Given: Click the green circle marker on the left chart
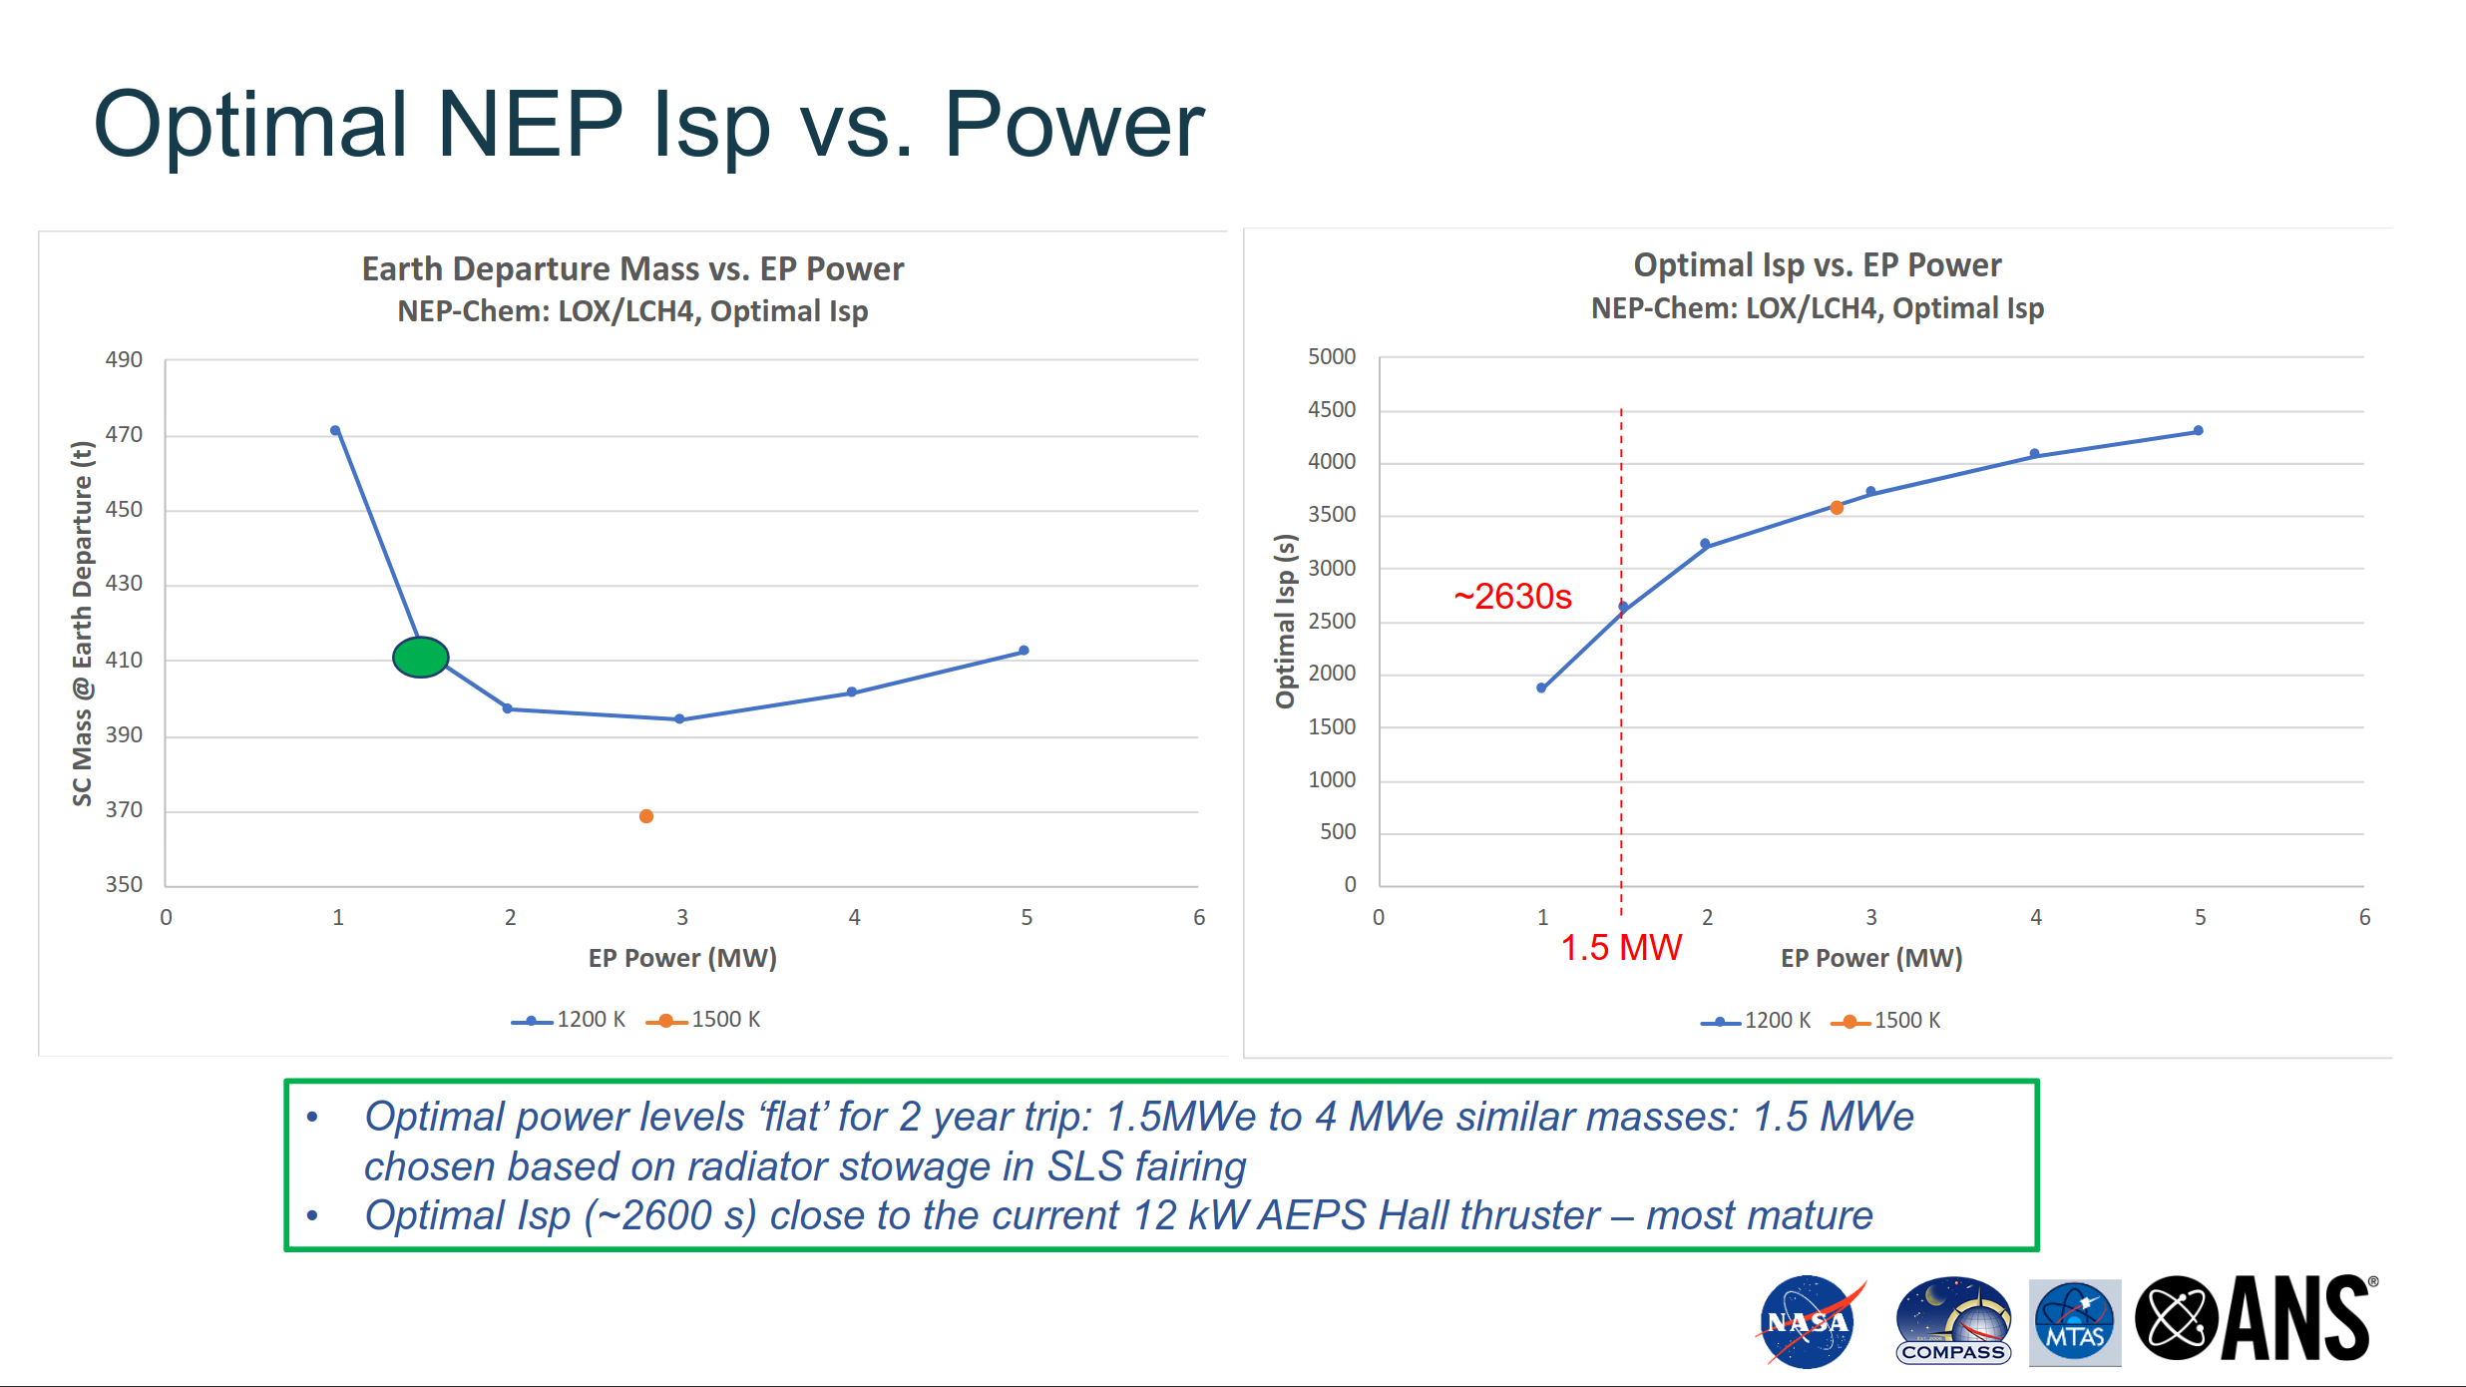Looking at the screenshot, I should pos(420,657).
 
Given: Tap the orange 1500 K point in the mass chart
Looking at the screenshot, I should pos(646,816).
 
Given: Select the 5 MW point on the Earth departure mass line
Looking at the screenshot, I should pos(1024,651).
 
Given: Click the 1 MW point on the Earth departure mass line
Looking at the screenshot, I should pos(335,431).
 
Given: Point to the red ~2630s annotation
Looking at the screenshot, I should pos(1512,597).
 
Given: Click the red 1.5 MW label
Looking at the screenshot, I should pos(1621,947).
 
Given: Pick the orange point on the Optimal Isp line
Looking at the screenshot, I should pos(1837,508).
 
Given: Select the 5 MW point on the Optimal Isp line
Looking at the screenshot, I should pos(2198,431).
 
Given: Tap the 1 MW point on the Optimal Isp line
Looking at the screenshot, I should pos(1541,688).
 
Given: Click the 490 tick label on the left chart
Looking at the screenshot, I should pos(124,359).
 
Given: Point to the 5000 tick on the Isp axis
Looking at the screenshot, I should pos(1332,356).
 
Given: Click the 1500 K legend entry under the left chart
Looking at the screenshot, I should pos(704,1020).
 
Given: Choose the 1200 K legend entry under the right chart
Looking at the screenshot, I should pos(1757,1021).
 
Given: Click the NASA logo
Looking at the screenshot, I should pos(1807,1322).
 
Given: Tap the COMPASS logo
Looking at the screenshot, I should pos(1952,1322).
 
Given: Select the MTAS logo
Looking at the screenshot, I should pos(2074,1322).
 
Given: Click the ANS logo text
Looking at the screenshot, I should pos(2294,1319).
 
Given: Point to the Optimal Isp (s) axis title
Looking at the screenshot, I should pos(1285,621).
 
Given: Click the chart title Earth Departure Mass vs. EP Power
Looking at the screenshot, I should pos(632,268).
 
